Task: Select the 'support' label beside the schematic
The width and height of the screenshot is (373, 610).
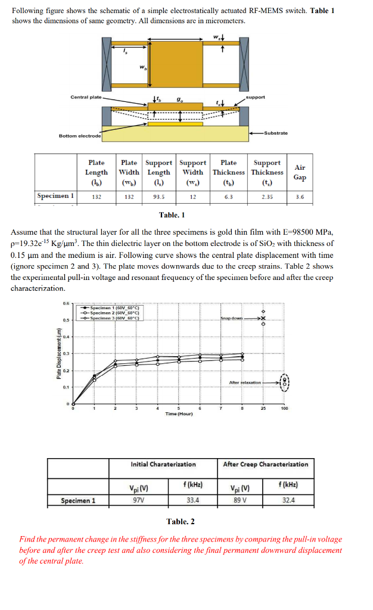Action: pos(256,97)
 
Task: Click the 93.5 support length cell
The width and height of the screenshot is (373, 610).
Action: pos(159,195)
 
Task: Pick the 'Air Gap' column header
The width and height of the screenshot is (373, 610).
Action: pos(300,173)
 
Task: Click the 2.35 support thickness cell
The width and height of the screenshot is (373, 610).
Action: pos(266,195)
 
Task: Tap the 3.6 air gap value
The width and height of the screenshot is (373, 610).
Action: pos(300,195)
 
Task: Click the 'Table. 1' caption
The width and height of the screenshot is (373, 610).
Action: pos(172,215)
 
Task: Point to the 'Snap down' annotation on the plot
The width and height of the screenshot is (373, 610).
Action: pos(231,319)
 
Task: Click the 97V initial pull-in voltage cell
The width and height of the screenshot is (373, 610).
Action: pos(138,500)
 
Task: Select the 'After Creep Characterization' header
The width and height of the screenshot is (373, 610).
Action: pos(266,464)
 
